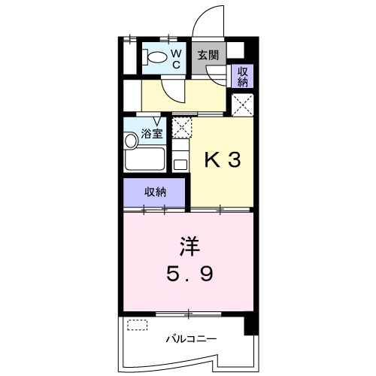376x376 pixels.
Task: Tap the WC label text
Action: [x=176, y=59]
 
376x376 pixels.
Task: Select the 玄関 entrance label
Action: [x=208, y=55]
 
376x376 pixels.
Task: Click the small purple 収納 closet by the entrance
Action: [x=243, y=76]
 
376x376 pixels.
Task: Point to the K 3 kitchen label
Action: [x=224, y=160]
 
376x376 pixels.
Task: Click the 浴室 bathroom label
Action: [x=152, y=135]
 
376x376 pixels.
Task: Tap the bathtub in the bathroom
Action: [x=144, y=159]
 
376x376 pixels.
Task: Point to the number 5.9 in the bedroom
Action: [x=190, y=272]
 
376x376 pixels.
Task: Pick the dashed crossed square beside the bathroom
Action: [x=181, y=126]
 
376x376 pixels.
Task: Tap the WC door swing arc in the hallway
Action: [x=175, y=90]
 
